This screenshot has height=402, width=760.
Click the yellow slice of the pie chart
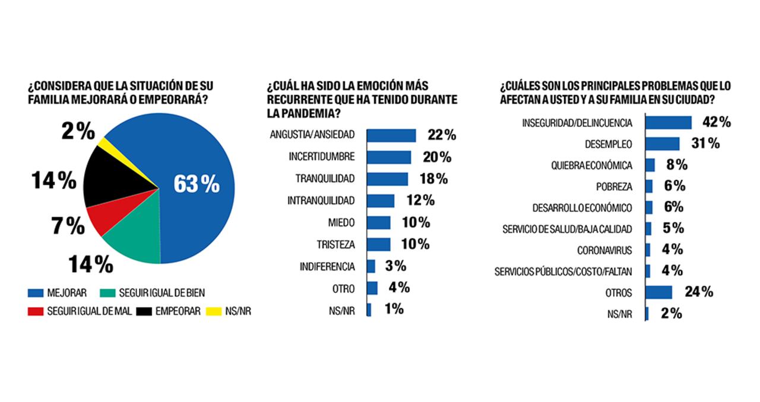[x=104, y=143]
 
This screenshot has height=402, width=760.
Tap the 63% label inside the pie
[x=197, y=184]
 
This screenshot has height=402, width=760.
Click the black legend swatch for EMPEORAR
[x=144, y=311]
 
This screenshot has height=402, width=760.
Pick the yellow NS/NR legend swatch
[x=214, y=311]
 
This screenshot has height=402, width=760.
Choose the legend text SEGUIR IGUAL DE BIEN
[x=161, y=293]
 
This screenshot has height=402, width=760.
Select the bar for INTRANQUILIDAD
[x=380, y=200]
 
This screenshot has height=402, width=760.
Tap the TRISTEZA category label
[x=336, y=244]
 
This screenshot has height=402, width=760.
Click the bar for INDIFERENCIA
[x=370, y=266]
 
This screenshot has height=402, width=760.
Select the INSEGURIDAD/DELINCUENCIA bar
[x=668, y=122]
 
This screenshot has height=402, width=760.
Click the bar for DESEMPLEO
[x=662, y=143]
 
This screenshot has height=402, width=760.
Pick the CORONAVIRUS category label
[x=604, y=250]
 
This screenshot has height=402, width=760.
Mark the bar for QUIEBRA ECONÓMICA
[x=650, y=165]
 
